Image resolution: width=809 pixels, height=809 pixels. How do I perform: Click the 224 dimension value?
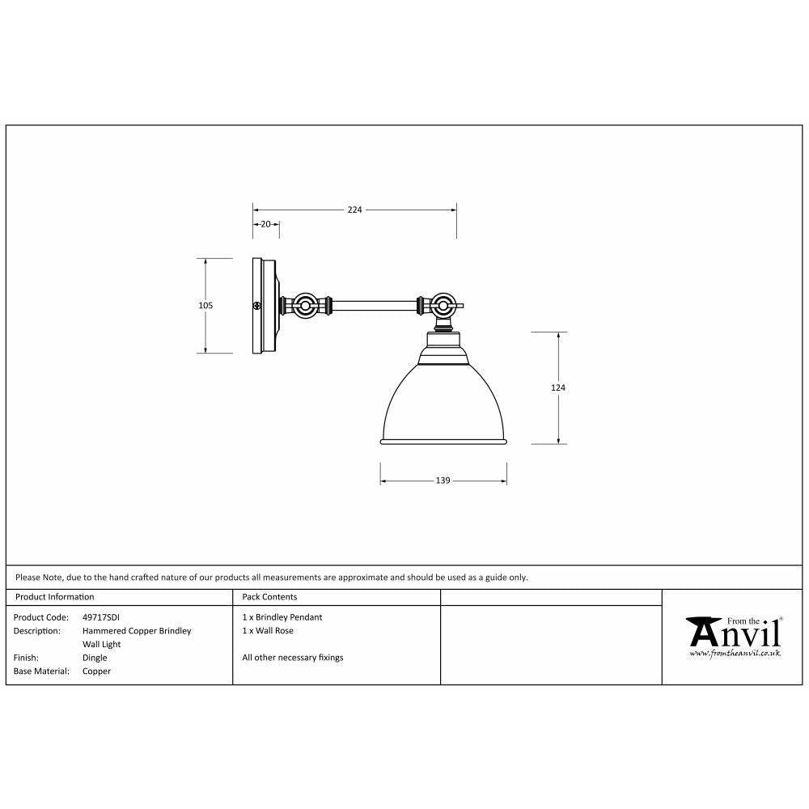click(354, 210)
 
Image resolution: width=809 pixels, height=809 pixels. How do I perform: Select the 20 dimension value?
click(266, 224)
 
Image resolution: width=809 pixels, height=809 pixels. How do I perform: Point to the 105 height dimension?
click(205, 306)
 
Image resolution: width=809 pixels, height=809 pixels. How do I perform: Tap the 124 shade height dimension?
click(557, 388)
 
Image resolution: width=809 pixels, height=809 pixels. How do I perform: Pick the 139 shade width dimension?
click(443, 481)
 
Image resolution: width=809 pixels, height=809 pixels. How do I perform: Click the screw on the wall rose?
click(256, 306)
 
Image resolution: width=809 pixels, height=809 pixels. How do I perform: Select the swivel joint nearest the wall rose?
click(306, 307)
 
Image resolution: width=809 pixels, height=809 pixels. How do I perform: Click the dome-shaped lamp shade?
click(443, 404)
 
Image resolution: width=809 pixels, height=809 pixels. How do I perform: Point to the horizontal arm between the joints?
click(374, 307)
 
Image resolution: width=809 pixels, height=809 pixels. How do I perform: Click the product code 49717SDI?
click(101, 617)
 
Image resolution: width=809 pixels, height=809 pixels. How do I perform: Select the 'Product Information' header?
click(54, 597)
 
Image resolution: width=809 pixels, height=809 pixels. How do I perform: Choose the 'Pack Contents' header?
click(269, 597)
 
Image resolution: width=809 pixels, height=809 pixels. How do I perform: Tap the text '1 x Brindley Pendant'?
click(282, 617)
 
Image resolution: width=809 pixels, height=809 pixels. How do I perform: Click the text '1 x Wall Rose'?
click(268, 630)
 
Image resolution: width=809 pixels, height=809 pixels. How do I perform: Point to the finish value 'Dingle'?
click(95, 658)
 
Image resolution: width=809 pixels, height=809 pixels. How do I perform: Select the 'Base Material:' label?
click(40, 671)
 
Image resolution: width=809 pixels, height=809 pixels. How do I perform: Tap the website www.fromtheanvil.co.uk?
click(735, 653)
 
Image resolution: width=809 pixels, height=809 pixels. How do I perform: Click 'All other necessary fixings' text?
click(292, 658)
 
